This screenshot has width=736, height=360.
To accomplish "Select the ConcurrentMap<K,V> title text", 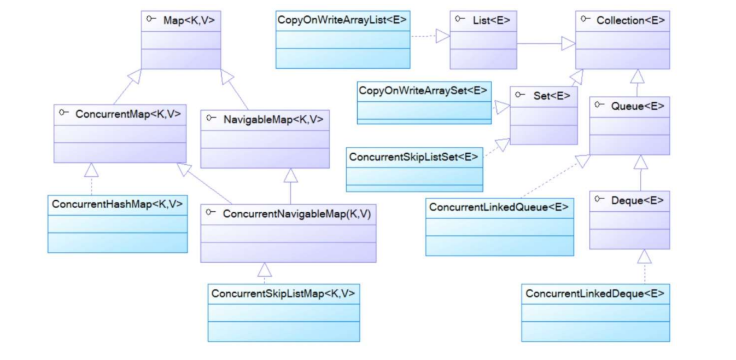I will (x=128, y=114).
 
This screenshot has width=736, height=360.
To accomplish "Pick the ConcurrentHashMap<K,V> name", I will (x=117, y=204).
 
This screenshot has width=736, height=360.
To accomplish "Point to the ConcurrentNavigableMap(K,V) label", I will (x=296, y=214).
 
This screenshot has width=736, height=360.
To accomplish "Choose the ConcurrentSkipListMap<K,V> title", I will (x=283, y=293).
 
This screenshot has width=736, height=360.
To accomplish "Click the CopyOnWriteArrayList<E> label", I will (x=342, y=20).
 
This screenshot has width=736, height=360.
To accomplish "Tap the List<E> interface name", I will (x=491, y=20).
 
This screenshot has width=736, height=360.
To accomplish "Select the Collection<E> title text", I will (x=630, y=20).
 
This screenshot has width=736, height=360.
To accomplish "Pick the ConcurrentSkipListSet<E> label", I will (x=414, y=157).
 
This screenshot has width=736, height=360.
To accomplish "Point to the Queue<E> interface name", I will (x=638, y=106).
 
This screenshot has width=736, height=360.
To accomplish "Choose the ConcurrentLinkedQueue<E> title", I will (x=499, y=207).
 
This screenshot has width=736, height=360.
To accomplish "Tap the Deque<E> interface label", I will (x=638, y=200).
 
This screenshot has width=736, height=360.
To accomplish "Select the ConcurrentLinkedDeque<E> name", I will (x=595, y=293).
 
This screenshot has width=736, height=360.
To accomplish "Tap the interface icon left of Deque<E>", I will (x=599, y=200).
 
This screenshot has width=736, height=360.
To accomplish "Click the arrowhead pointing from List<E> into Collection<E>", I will (x=569, y=44).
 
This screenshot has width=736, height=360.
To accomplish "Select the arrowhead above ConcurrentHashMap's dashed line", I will (x=91, y=170).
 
